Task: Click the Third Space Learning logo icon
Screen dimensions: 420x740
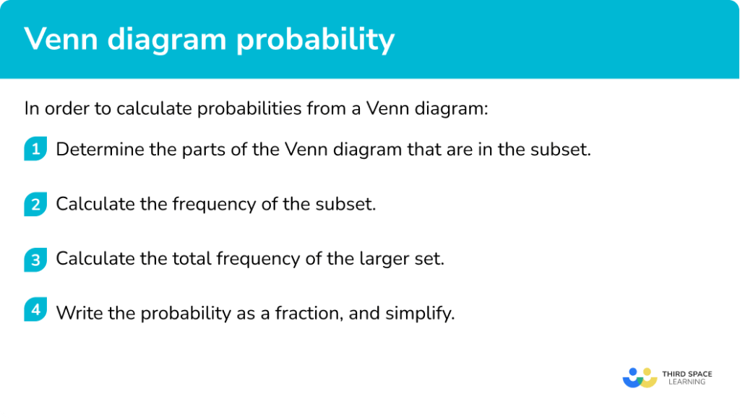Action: coord(640,377)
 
